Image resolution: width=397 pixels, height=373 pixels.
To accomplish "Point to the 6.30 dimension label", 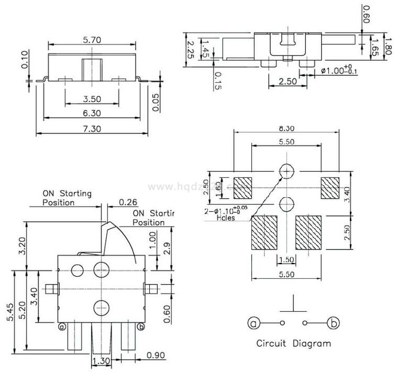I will (92, 113).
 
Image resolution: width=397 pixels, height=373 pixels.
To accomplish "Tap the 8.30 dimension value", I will (286, 127).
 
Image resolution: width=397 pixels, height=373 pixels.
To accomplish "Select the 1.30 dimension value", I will (101, 361).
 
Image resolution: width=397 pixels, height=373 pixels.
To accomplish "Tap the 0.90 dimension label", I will (156, 355).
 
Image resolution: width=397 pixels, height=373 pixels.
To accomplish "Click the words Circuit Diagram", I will (293, 344).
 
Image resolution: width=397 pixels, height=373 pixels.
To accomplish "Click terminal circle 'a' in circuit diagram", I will (253, 323).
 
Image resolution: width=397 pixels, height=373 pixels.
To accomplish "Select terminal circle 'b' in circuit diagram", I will (333, 323).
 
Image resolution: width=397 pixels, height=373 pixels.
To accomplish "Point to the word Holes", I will (226, 218).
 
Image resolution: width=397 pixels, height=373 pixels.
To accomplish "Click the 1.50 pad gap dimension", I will (286, 259).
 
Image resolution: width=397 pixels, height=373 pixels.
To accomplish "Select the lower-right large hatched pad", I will (307, 232).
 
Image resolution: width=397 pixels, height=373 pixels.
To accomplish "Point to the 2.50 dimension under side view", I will (288, 81).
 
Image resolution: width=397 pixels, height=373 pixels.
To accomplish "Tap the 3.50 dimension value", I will (92, 98).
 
